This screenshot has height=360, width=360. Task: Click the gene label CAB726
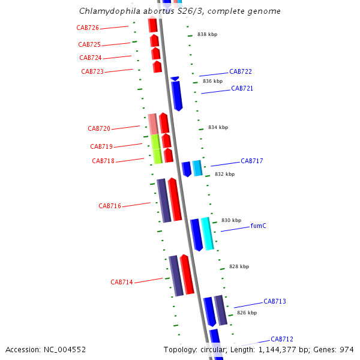coord(88,28)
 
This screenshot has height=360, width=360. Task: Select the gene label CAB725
coord(89,45)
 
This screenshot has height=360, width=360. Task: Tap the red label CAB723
coord(92,72)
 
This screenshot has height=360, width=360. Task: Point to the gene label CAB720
coord(99,129)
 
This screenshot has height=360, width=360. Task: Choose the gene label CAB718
coord(103,161)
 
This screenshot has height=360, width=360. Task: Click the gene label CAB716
coord(110,206)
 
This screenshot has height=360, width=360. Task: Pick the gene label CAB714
coord(122,283)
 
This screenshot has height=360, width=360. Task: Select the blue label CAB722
coord(241,72)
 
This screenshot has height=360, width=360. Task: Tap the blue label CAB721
coord(242,89)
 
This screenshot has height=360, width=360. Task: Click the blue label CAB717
coord(252,161)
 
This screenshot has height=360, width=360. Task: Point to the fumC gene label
coord(259,226)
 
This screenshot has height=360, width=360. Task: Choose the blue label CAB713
coord(275,302)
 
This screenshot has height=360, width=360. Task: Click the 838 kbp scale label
coord(207,35)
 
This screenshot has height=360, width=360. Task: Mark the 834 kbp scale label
coord(218,128)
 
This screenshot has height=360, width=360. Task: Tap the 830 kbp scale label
coord(231,221)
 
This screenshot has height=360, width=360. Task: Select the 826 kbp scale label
coord(247,313)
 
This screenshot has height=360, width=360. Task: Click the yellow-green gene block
coord(156,149)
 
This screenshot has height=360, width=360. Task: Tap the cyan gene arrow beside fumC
coord(207,233)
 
